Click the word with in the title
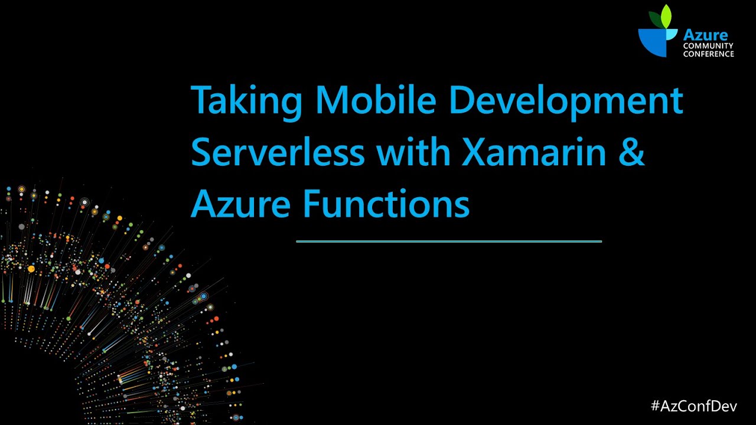click(x=413, y=152)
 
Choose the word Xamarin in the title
click(x=535, y=152)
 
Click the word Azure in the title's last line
click(x=240, y=204)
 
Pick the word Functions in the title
click(x=386, y=204)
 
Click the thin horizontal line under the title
click(x=449, y=241)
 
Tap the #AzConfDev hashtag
click(x=693, y=406)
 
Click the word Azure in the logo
click(x=705, y=35)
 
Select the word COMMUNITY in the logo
click(x=708, y=46)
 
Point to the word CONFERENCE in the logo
click(x=709, y=54)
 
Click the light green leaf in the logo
click(x=667, y=17)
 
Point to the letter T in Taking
click(x=201, y=100)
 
